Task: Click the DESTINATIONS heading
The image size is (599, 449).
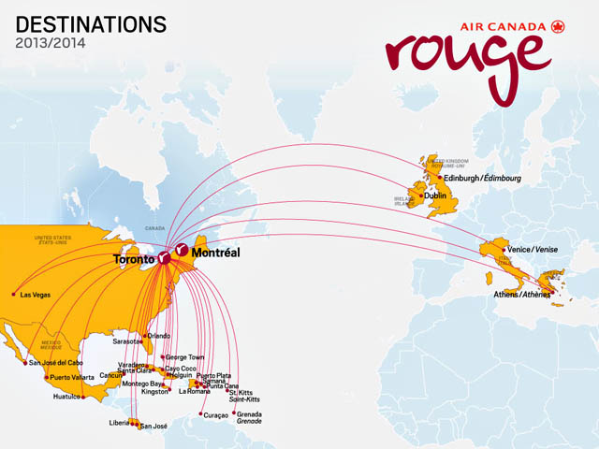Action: [x=92, y=23]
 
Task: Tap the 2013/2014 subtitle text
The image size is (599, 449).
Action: [x=50, y=43]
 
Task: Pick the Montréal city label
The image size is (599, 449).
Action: [x=216, y=253]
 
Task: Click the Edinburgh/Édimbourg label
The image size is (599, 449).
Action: [x=481, y=178]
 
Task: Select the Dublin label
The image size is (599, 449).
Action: [x=436, y=196]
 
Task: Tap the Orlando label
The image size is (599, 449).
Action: [x=159, y=336]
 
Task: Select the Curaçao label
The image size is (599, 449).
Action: [x=217, y=414]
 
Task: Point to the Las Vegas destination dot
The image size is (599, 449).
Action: [x=13, y=295]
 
